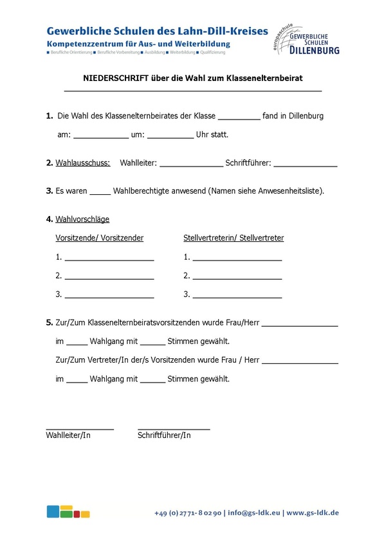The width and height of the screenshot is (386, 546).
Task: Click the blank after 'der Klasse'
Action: click(239, 118)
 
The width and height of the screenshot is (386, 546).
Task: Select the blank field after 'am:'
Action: click(100, 136)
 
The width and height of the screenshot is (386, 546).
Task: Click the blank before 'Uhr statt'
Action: click(170, 136)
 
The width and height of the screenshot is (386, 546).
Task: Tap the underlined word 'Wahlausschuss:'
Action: click(82, 163)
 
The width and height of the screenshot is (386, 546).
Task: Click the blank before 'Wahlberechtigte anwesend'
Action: click(100, 192)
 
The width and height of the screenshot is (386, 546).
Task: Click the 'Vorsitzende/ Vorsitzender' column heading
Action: click(100, 238)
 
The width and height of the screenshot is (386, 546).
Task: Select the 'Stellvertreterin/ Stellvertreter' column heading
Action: click(234, 238)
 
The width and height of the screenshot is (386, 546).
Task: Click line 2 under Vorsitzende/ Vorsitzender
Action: click(109, 278)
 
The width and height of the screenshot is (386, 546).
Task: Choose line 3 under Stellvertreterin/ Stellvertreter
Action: click(237, 296)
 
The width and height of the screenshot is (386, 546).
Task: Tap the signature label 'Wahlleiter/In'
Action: click(68, 435)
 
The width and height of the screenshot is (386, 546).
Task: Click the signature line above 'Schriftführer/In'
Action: click(174, 428)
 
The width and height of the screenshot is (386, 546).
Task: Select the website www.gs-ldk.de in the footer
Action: click(313, 513)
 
